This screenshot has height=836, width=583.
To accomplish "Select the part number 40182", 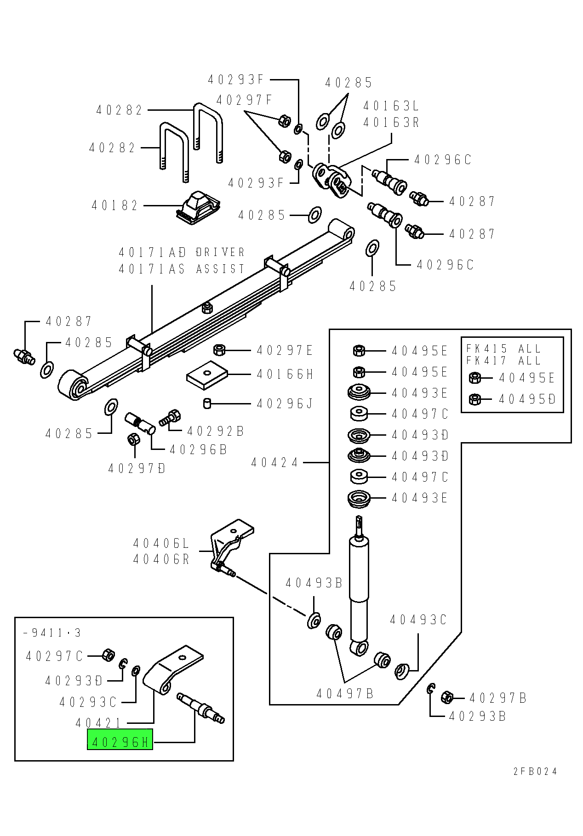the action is coord(114,205).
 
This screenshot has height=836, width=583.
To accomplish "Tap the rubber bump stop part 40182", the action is coord(198,207).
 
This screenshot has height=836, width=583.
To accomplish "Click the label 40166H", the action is coord(285,375).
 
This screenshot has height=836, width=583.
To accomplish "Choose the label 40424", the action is coord(274,462).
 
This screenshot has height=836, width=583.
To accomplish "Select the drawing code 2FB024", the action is coord(535,771).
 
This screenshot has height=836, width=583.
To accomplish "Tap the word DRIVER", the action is coord(220,252).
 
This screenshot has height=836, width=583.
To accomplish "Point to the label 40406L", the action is coord(161,544).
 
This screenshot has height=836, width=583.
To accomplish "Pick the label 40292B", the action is coord(216,431).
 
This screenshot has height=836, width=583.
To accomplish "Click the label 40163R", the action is coord(391,123).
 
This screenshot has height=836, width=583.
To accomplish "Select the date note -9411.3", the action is coord(52,633).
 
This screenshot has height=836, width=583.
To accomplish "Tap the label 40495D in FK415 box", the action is coord(527,399).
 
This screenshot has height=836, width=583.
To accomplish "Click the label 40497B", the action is coord(345,694).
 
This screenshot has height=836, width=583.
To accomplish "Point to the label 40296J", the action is coord(285,404).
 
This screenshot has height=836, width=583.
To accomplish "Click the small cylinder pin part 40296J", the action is coord(207,403).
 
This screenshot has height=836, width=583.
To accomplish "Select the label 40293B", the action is coord(477,716).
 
